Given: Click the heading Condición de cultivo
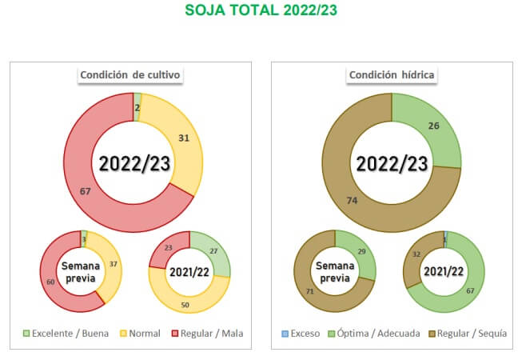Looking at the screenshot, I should [131, 75].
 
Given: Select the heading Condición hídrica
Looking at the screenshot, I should [391, 75].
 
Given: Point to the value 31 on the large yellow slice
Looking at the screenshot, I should [184, 138].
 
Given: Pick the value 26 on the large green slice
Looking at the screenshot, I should [434, 126].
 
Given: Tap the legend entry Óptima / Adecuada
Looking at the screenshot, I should [376, 333].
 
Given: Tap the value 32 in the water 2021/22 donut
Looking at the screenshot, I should [416, 254].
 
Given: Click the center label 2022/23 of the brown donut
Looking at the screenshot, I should [392, 163].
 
